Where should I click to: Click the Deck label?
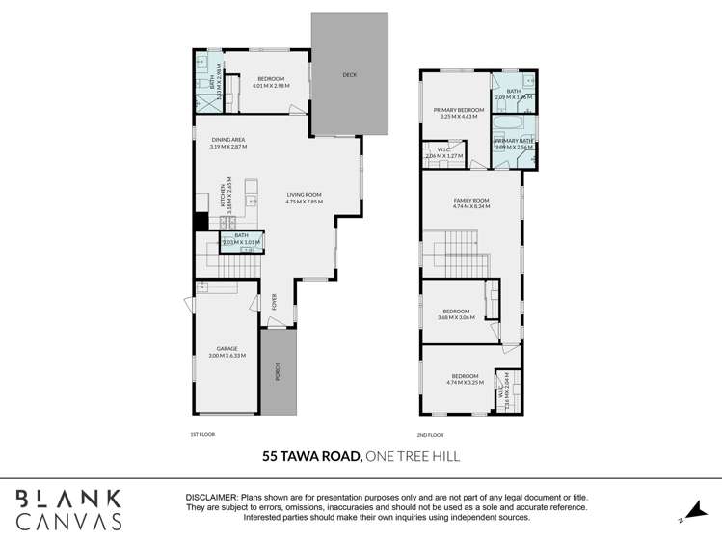(x=349, y=74)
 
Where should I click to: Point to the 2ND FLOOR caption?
(x=430, y=435)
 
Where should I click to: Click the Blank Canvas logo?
(x=67, y=509)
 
